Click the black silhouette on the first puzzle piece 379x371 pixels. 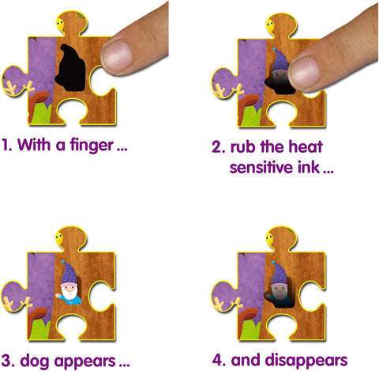point(70,69)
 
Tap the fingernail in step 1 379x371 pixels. point(117,55)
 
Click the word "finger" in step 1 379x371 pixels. point(92,146)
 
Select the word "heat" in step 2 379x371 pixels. point(306,146)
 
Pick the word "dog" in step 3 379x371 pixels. point(35,362)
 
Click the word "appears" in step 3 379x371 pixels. point(85,362)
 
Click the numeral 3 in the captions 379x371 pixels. point(5,361)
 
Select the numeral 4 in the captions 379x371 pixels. point(217,360)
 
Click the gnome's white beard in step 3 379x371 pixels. point(69,293)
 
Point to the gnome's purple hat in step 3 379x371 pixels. point(69,273)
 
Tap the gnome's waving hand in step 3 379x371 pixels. point(58,295)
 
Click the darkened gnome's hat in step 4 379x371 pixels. point(280,274)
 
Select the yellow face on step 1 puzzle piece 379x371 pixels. point(60,24)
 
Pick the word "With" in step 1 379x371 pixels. point(34,144)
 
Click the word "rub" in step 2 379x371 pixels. point(243,146)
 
